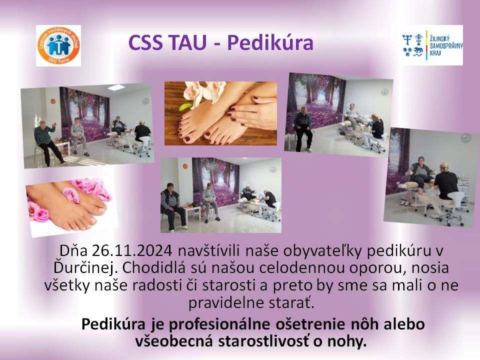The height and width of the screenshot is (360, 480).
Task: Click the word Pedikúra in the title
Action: click(x=270, y=43)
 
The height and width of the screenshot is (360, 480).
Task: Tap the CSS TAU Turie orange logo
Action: click(x=58, y=45)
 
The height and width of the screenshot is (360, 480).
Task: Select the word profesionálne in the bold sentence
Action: click(x=226, y=324)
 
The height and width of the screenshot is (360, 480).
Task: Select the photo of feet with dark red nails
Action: click(x=220, y=113)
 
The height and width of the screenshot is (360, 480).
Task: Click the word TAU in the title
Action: click(x=189, y=43)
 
